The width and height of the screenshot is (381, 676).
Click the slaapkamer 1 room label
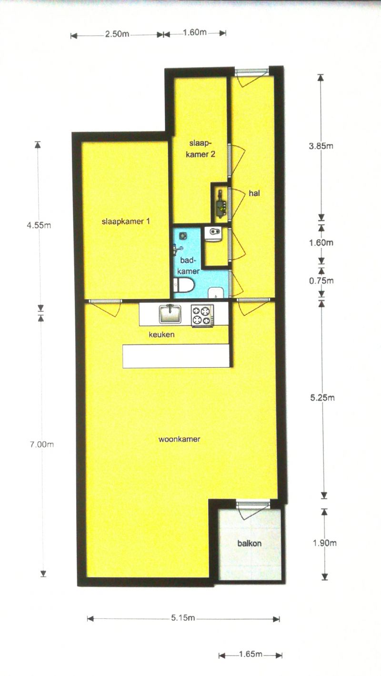125,222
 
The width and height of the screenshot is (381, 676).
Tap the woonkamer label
179,439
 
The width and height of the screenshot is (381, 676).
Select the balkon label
250,544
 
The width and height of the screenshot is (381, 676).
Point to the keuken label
161,334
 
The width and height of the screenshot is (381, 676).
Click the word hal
254,193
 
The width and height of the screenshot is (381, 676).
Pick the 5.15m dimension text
183,618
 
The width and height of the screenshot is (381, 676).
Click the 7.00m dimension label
41,444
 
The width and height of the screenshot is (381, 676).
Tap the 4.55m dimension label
39,225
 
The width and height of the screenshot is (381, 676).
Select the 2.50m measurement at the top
117,34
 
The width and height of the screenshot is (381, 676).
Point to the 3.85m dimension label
321,146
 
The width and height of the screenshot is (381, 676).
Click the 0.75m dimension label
321,281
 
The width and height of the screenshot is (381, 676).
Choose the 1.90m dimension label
325,543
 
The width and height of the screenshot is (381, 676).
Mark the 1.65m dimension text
251,654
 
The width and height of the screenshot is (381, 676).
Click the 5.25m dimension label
322,398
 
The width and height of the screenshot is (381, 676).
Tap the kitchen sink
170,313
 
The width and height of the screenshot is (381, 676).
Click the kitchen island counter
176,356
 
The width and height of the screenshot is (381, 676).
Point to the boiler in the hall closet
221,204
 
